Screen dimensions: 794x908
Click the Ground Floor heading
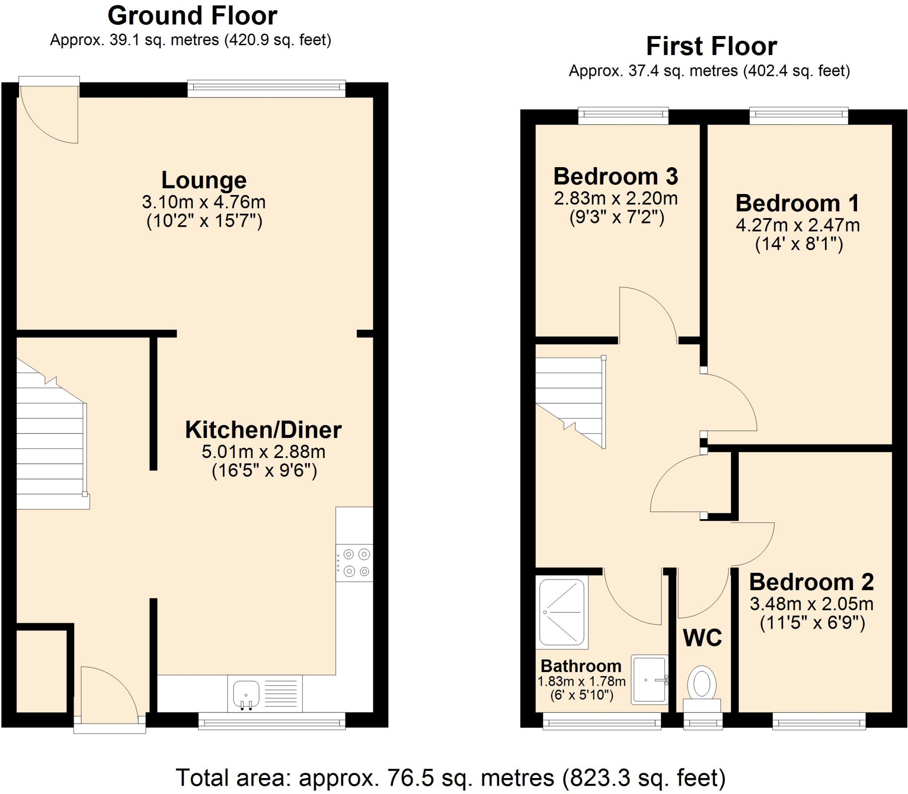(x=192, y=16)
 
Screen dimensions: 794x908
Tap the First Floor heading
(x=711, y=47)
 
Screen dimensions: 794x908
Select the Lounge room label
(x=204, y=180)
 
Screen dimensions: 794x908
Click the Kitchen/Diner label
(x=263, y=430)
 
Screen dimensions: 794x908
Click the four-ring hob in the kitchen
(x=354, y=563)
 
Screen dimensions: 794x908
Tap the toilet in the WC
(x=702, y=684)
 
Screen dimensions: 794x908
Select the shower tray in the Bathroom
(x=561, y=612)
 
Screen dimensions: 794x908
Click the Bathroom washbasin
(x=649, y=680)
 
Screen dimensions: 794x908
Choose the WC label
(x=702, y=638)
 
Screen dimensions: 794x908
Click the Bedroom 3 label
(x=615, y=176)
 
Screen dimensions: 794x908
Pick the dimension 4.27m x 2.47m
(x=798, y=225)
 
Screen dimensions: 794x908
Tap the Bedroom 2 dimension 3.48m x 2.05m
(x=811, y=604)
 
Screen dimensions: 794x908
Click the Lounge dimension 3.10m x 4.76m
(x=204, y=202)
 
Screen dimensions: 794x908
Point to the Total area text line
(x=450, y=778)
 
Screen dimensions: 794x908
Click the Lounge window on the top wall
(x=266, y=89)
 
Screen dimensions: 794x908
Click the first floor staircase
(x=570, y=399)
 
